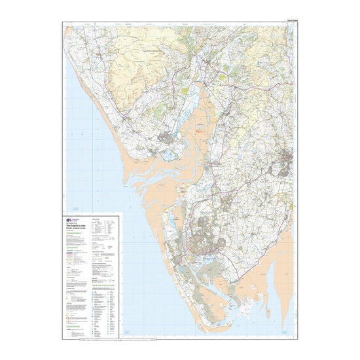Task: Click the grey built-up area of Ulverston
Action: click(x=285, y=160)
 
